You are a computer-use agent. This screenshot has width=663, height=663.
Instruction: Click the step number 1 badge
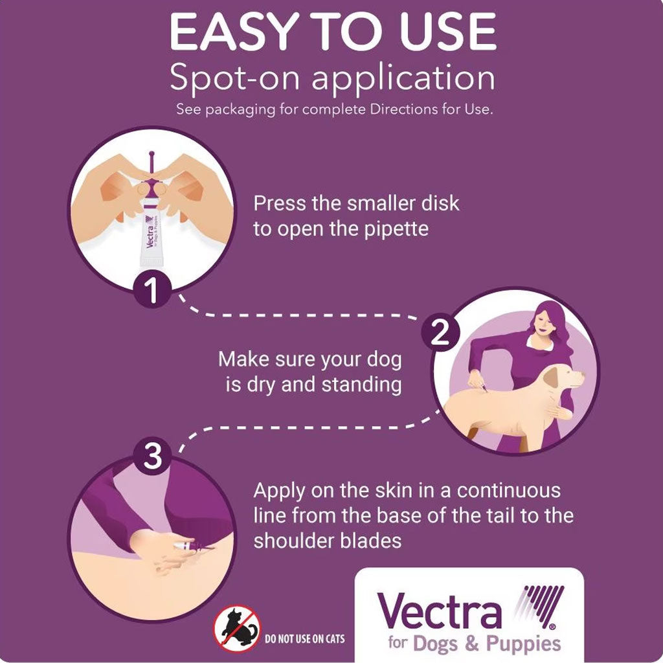coord(153,292)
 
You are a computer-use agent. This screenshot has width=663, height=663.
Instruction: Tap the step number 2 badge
coord(440,333)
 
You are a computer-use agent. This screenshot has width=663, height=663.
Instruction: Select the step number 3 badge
coord(153,457)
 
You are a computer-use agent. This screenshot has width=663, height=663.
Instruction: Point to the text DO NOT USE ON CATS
coord(305,639)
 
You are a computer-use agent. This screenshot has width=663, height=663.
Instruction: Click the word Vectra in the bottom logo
coord(439,612)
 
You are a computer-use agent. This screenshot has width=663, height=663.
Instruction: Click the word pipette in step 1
coord(396,229)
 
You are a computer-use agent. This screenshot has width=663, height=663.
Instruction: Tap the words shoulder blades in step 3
coord(327,541)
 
